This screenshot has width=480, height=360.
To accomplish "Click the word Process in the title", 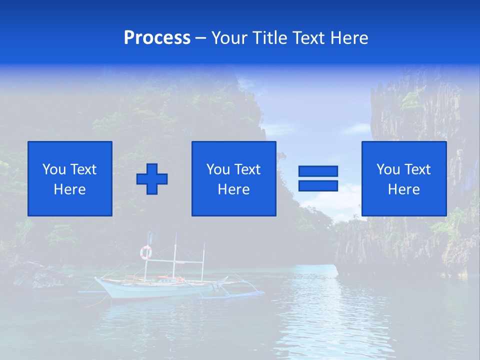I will (x=157, y=38).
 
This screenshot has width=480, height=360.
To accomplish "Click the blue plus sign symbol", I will (x=152, y=179).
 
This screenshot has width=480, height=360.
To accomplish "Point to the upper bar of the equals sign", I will (x=318, y=171).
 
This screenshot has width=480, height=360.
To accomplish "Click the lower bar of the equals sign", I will (x=318, y=186).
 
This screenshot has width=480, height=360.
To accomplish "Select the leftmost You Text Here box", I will (x=70, y=178).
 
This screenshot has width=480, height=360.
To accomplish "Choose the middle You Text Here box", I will (x=234, y=178).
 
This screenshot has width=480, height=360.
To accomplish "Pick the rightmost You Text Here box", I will (x=404, y=178).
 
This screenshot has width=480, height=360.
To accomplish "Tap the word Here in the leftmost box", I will (x=69, y=189).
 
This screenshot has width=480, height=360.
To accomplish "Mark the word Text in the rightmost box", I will (x=417, y=169).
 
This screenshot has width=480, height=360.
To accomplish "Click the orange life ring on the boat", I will (x=145, y=252).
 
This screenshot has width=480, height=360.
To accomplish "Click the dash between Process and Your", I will (x=201, y=38).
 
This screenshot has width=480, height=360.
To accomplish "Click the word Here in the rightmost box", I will (x=403, y=189).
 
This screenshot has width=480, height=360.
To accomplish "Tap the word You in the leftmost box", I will (x=54, y=169).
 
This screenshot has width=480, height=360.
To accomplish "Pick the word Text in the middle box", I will (x=247, y=169).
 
